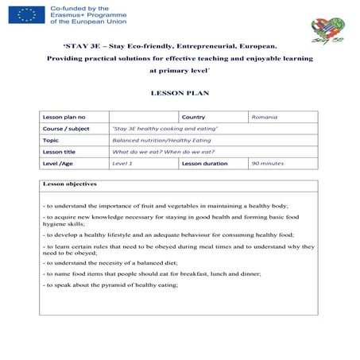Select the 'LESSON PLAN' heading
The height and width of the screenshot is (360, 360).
180,93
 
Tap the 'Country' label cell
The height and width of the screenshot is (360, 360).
193,117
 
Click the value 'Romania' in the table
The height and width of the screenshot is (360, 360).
264,117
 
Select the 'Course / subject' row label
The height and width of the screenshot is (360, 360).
66,128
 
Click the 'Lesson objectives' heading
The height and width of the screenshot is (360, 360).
70,184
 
